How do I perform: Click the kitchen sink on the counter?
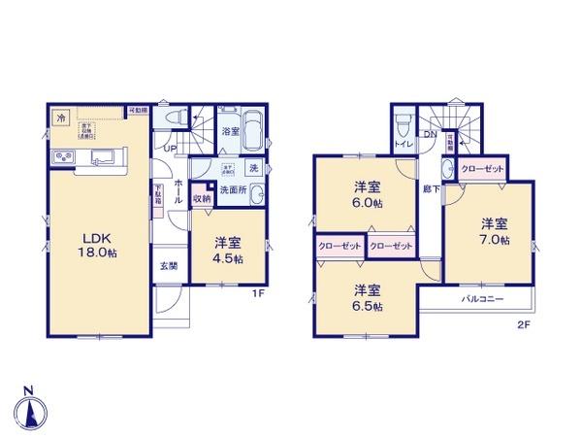(x=105, y=157)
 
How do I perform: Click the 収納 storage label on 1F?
(x=200, y=197)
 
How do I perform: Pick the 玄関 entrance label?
(x=169, y=263)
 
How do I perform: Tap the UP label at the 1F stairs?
(x=170, y=148)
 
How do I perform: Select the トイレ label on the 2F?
(x=402, y=144)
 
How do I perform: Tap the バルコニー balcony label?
(x=482, y=299)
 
